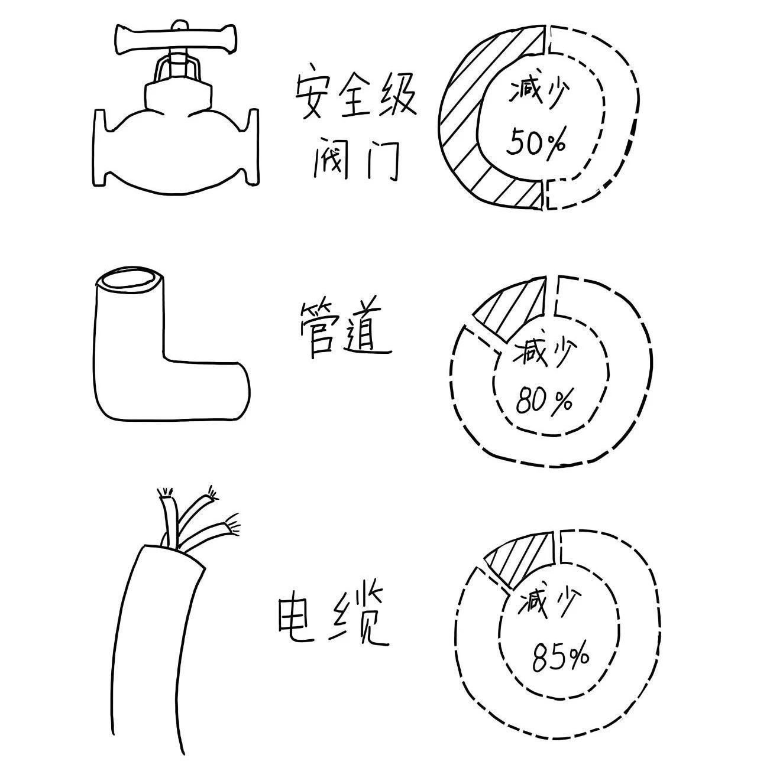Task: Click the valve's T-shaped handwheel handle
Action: [x=175, y=39]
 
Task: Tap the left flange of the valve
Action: [x=99, y=148]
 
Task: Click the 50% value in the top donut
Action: [x=535, y=141]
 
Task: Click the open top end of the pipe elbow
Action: [x=130, y=279]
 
